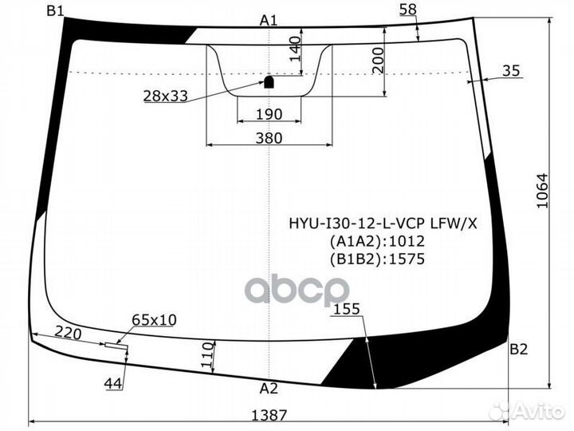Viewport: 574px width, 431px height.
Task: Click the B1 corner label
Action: coord(56,10)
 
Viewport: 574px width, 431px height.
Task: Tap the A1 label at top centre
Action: coord(269,20)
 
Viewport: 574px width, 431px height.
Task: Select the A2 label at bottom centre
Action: coord(269,389)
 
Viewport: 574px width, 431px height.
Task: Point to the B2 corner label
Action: coord(518,349)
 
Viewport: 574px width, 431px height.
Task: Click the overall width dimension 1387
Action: coord(269,414)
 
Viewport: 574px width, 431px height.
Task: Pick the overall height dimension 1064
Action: coord(543,192)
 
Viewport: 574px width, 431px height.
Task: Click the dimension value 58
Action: coord(407,9)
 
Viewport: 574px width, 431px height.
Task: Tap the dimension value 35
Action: coord(512,71)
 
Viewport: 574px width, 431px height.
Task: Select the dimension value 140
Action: coord(294,49)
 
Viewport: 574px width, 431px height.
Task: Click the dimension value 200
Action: coord(378,57)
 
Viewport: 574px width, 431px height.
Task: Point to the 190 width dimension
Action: coord(269,115)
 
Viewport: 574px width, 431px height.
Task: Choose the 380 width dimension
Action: coord(269,138)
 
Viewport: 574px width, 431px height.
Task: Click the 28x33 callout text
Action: coord(165,96)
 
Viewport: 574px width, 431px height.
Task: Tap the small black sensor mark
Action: coord(269,81)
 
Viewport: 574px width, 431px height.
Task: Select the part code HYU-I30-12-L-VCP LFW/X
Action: coord(383,223)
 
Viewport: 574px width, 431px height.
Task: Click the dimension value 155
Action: coord(346,310)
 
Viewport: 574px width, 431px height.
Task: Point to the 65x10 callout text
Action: coord(154,319)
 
